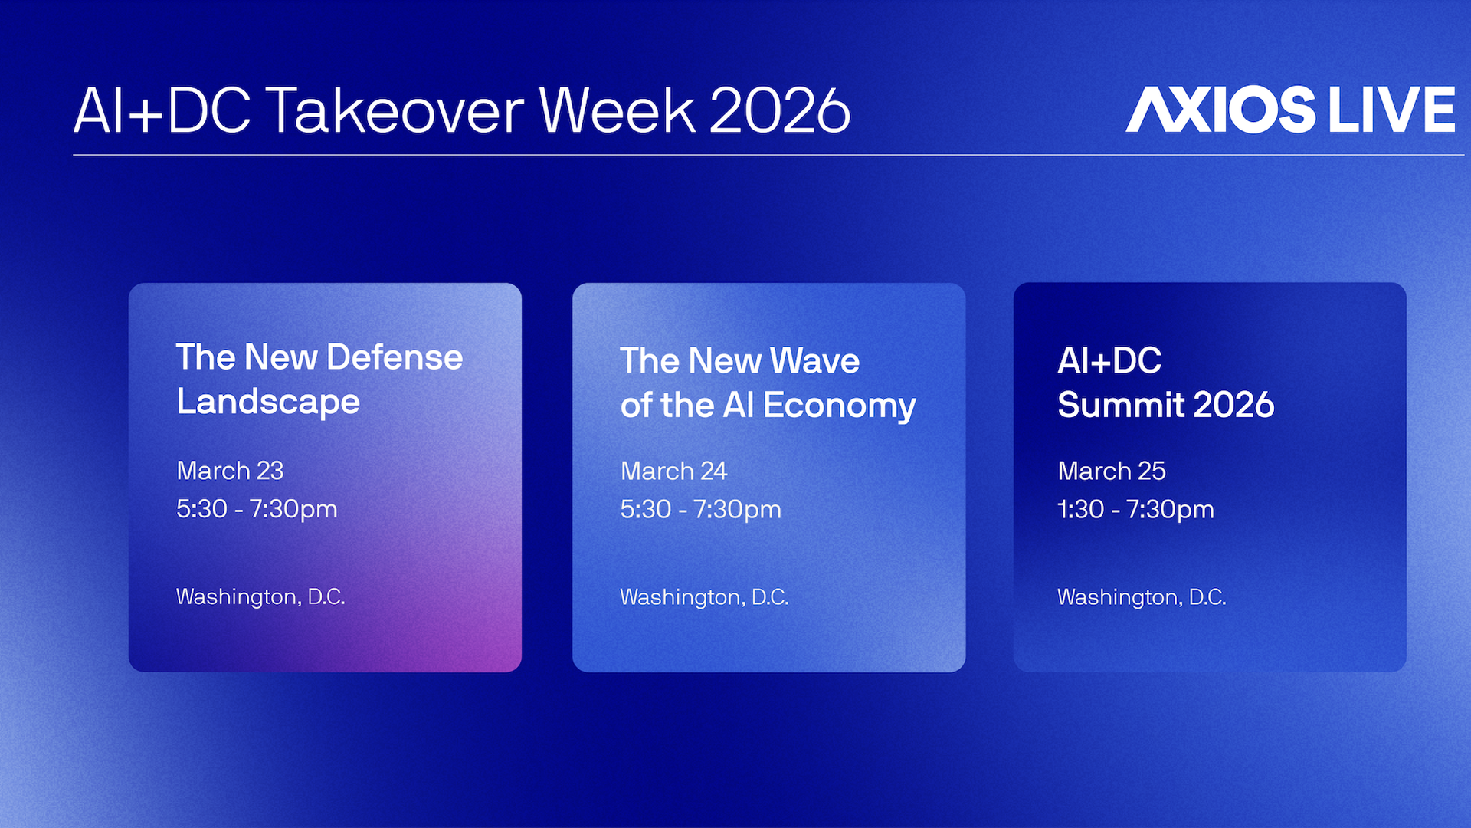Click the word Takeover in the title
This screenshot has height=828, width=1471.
coord(395,111)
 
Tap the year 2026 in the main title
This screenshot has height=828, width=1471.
coord(779,111)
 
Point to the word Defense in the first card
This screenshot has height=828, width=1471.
coord(395,357)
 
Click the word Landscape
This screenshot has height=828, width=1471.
coord(268,402)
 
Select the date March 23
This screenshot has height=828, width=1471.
coord(230,471)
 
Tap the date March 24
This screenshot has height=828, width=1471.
coord(673,471)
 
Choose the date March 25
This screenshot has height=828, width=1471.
coord(1112,471)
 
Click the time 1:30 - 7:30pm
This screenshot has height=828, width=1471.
coord(1135,509)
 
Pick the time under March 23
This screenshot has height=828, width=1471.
coord(257,509)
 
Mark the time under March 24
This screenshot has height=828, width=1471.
coord(700,509)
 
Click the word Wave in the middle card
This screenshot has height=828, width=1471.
coord(814,361)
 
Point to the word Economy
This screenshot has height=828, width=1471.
coord(839,406)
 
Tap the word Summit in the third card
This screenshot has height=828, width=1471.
coord(1121,405)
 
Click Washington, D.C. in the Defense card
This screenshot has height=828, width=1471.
coord(260,596)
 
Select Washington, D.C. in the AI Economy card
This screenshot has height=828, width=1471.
coord(704,596)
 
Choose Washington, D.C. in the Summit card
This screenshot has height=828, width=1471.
coord(1142,596)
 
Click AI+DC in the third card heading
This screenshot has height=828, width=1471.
coord(1109,361)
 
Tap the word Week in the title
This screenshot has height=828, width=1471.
coord(617,111)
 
